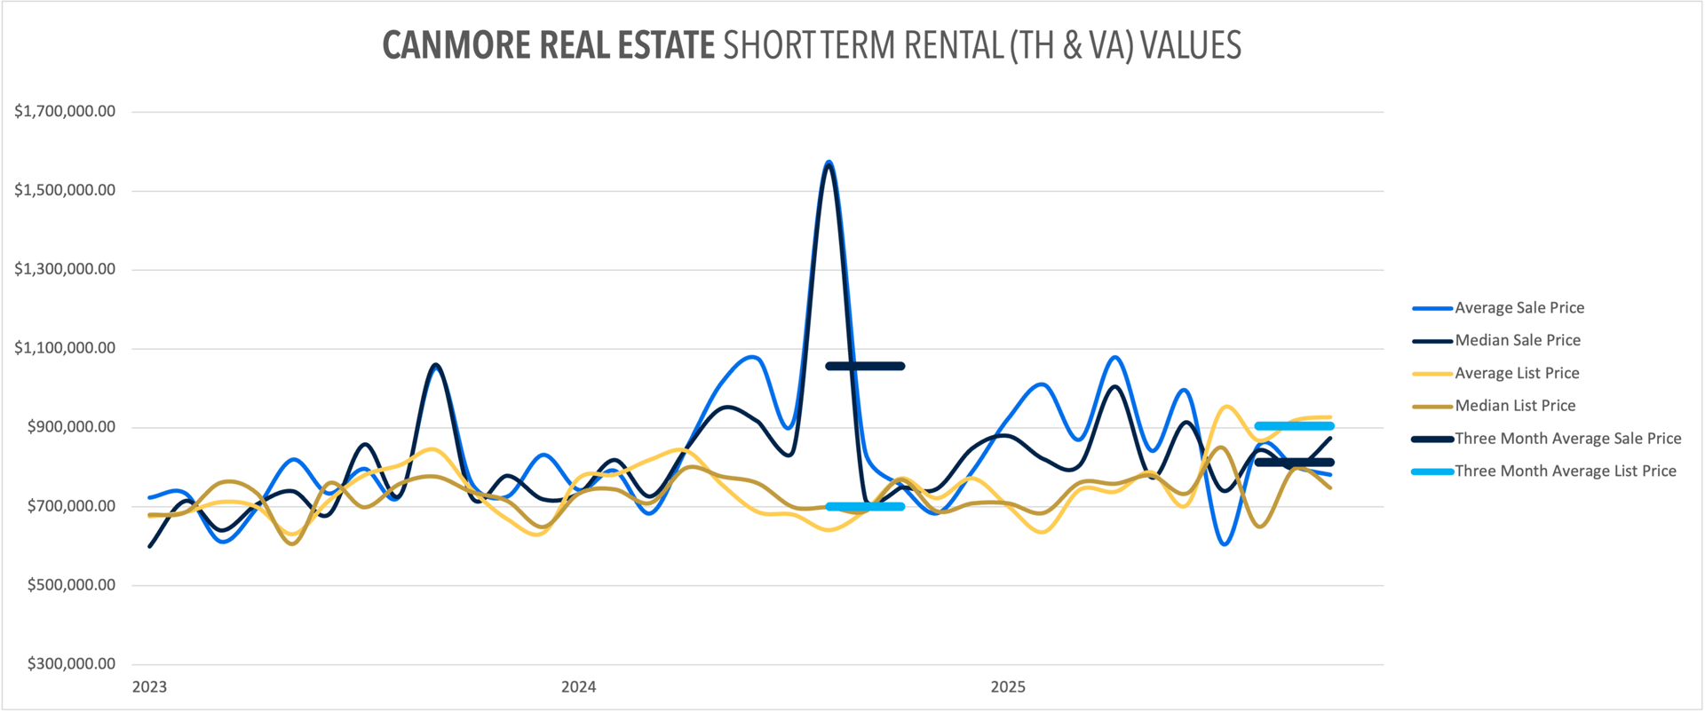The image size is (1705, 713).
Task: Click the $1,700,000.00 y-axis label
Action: pyautogui.click(x=65, y=112)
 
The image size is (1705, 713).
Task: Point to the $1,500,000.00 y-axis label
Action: pyautogui.click(x=65, y=190)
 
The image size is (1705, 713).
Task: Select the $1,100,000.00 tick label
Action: pyautogui.click(x=65, y=348)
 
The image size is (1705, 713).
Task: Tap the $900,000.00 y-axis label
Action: pyautogui.click(x=71, y=427)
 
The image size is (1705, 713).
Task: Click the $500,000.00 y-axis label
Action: pyautogui.click(x=71, y=585)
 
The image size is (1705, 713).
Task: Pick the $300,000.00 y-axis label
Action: pyautogui.click(x=71, y=664)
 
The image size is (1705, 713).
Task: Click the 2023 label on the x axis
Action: pyautogui.click(x=149, y=687)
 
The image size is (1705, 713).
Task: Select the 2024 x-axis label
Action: pyautogui.click(x=578, y=687)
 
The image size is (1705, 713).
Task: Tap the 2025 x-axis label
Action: pyautogui.click(x=1008, y=687)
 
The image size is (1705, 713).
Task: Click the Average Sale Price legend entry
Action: pyautogui.click(x=1519, y=308)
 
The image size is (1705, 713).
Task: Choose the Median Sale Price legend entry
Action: pyautogui.click(x=1517, y=340)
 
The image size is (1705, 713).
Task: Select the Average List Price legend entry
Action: pyautogui.click(x=1517, y=373)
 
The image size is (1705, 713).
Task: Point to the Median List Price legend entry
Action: pyautogui.click(x=1515, y=406)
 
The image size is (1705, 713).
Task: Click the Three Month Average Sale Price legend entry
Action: pyautogui.click(x=1567, y=439)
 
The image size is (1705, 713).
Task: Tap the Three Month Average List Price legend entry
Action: pyautogui.click(x=1565, y=471)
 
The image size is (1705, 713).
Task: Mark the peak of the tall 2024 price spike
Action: pyautogui.click(x=829, y=162)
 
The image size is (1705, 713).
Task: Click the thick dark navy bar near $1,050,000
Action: pyautogui.click(x=865, y=366)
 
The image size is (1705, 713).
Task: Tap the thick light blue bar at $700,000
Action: pyautogui.click(x=865, y=507)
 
